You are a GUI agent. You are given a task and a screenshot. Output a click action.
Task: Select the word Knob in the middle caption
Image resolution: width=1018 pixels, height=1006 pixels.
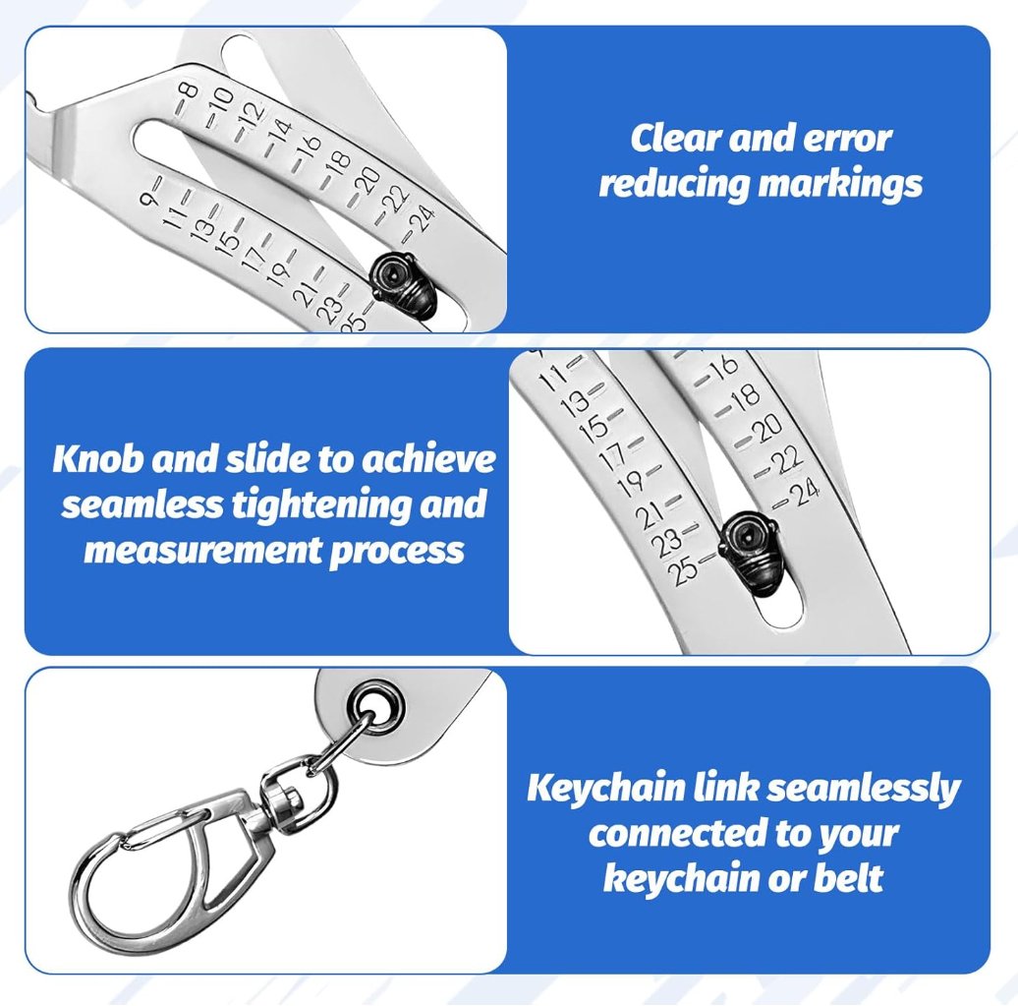coord(98,459)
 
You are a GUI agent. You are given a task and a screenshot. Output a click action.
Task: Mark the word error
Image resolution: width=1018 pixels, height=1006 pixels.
coord(847,140)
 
